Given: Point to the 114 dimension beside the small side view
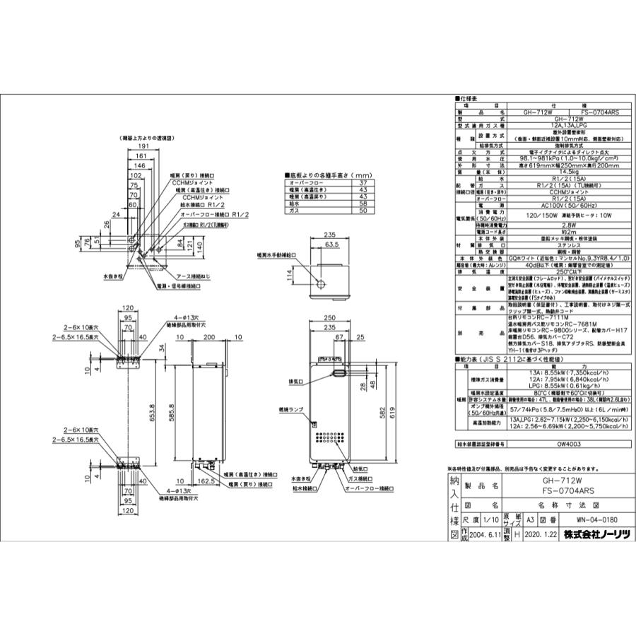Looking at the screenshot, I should click(288, 273).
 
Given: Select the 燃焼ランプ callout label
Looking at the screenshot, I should click(291, 409).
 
